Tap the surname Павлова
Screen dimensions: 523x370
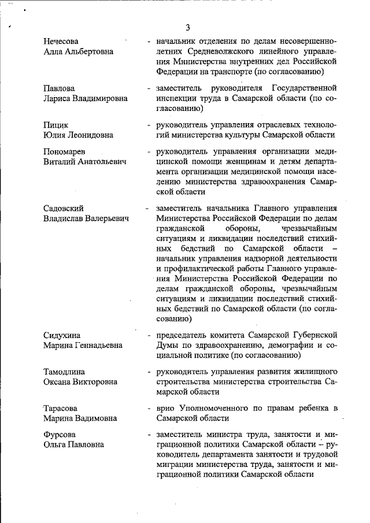pyautogui.click(x=59, y=88)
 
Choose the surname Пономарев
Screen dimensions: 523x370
pyautogui.click(x=65, y=151)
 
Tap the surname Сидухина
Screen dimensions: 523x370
pyautogui.click(x=62, y=335)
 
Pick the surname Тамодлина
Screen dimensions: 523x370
pyautogui.click(x=65, y=371)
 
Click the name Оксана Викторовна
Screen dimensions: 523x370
pyautogui.click(x=80, y=381)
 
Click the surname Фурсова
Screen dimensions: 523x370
pyautogui.click(x=60, y=433)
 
